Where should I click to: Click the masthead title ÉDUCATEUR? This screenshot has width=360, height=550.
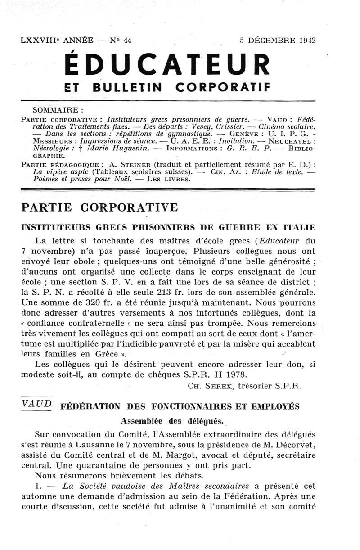click(x=167, y=65)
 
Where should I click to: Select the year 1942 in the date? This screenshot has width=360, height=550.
click(x=306, y=40)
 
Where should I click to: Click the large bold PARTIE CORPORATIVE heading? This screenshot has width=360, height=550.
click(x=99, y=208)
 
